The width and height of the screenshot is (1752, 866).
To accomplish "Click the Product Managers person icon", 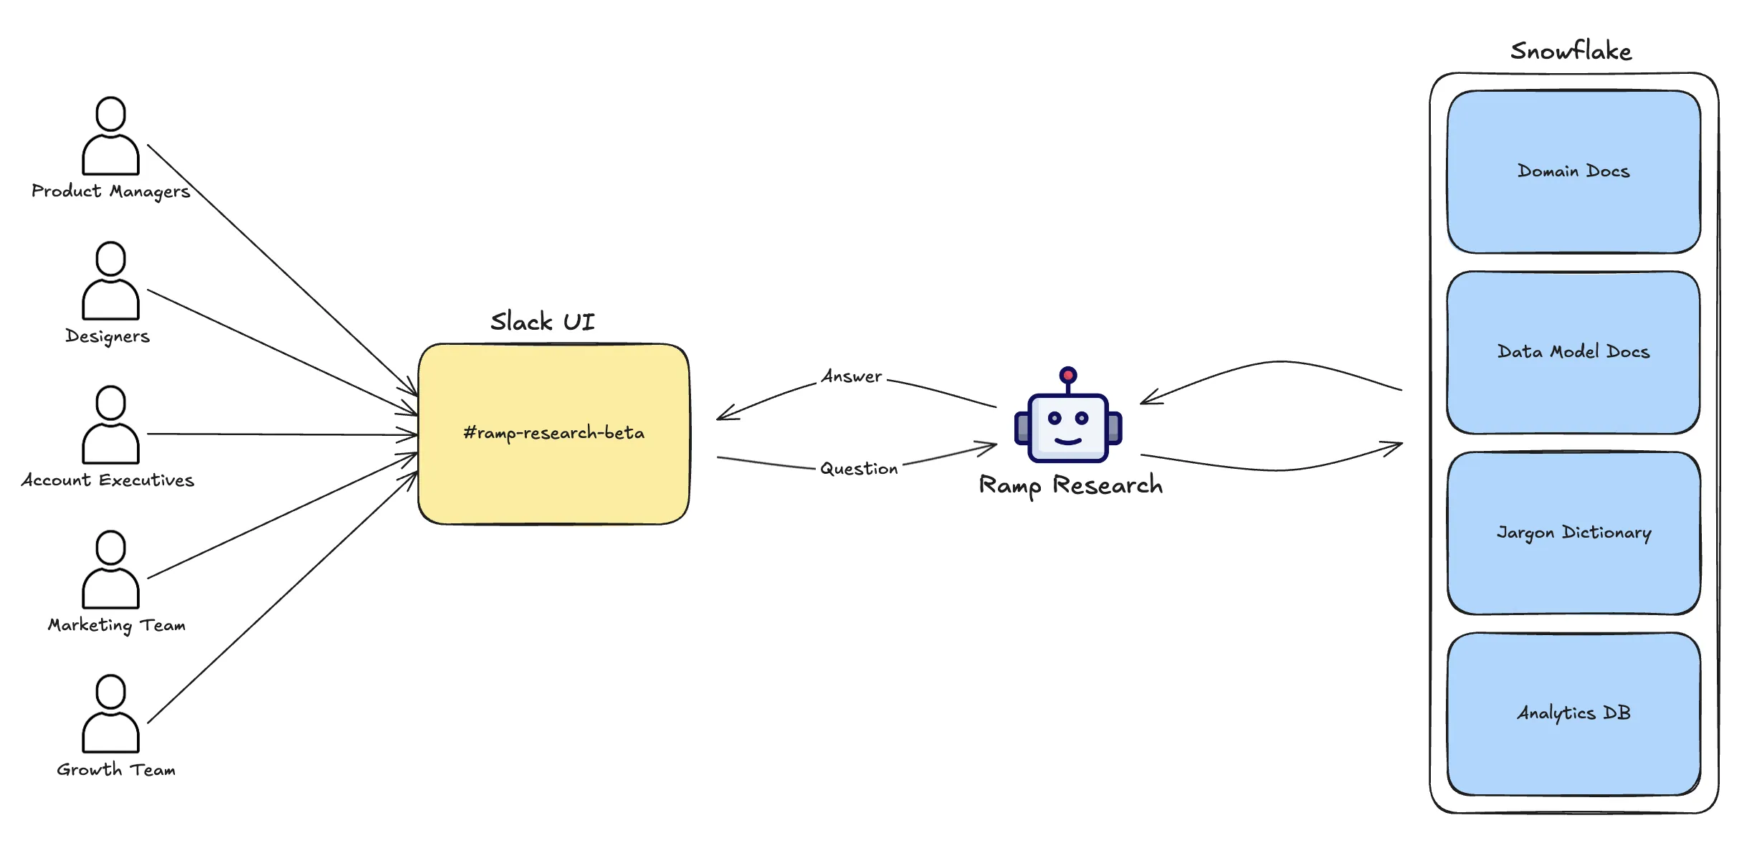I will [110, 136].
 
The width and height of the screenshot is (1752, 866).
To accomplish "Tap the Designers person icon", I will [110, 281].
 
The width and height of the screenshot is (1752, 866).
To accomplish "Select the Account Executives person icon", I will [110, 425].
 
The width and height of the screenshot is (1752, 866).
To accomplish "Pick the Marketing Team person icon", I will [110, 570].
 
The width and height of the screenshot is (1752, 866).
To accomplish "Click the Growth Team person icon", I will [110, 714].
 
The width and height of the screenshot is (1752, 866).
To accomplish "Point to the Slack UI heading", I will [543, 322].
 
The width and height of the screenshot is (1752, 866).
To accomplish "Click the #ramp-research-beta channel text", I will [553, 433].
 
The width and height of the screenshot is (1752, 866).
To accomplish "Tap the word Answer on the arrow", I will [852, 376].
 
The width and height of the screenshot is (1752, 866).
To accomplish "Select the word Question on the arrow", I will [859, 469].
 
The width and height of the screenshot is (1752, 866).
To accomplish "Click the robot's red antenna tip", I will [1068, 375].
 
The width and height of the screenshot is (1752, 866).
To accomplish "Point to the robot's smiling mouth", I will [1068, 441].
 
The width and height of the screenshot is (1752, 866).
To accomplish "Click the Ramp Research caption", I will [1070, 485].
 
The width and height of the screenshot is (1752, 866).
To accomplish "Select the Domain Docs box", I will [1574, 171].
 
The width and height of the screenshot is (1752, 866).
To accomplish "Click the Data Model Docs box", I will [1574, 352].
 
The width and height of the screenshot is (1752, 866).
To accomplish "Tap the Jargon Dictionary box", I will [1574, 533].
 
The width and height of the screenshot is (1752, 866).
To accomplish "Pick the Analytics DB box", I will [1574, 713].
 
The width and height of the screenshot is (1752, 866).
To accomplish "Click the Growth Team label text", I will [116, 770].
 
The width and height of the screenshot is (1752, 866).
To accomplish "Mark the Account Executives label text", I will [108, 480].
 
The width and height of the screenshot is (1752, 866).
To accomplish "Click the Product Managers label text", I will [110, 191].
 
